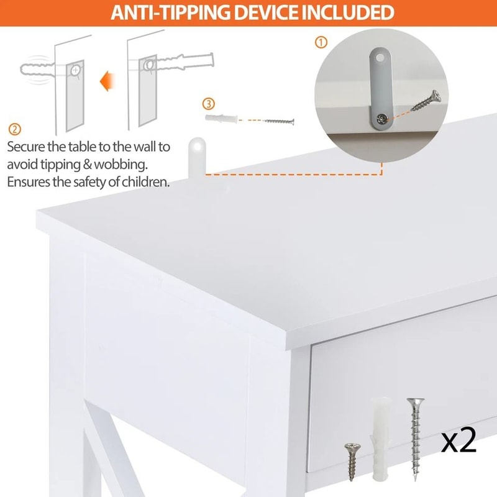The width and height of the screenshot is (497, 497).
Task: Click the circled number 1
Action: tap(321, 42)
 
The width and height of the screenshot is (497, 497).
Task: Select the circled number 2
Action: tap(14, 129)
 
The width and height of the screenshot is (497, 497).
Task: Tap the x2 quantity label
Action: tap(458, 440)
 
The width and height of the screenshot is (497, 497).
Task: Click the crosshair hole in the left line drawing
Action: tap(75, 71)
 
